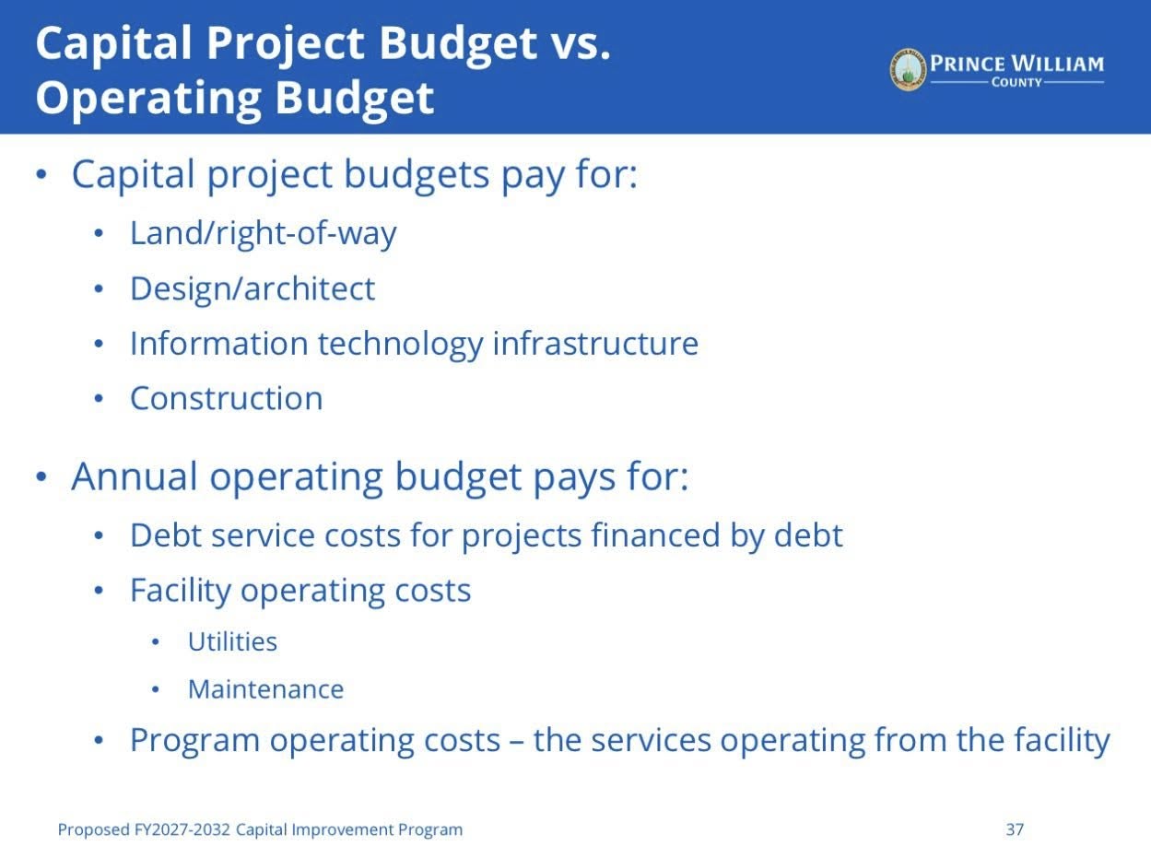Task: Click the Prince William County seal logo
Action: (x=908, y=69)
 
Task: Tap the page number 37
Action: (x=1015, y=829)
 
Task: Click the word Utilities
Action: (x=233, y=641)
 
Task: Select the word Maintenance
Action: (x=265, y=689)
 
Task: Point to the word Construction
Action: (x=227, y=398)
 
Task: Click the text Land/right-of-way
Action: (x=264, y=234)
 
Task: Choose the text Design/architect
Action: (x=253, y=288)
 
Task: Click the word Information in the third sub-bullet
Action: (x=219, y=343)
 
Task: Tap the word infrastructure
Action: (x=595, y=343)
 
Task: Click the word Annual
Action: (x=135, y=476)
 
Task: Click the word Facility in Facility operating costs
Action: (x=181, y=591)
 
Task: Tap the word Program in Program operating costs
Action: (x=194, y=742)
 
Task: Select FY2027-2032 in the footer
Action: (x=182, y=829)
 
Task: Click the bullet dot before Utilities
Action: (x=156, y=642)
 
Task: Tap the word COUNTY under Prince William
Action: (x=1016, y=82)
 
